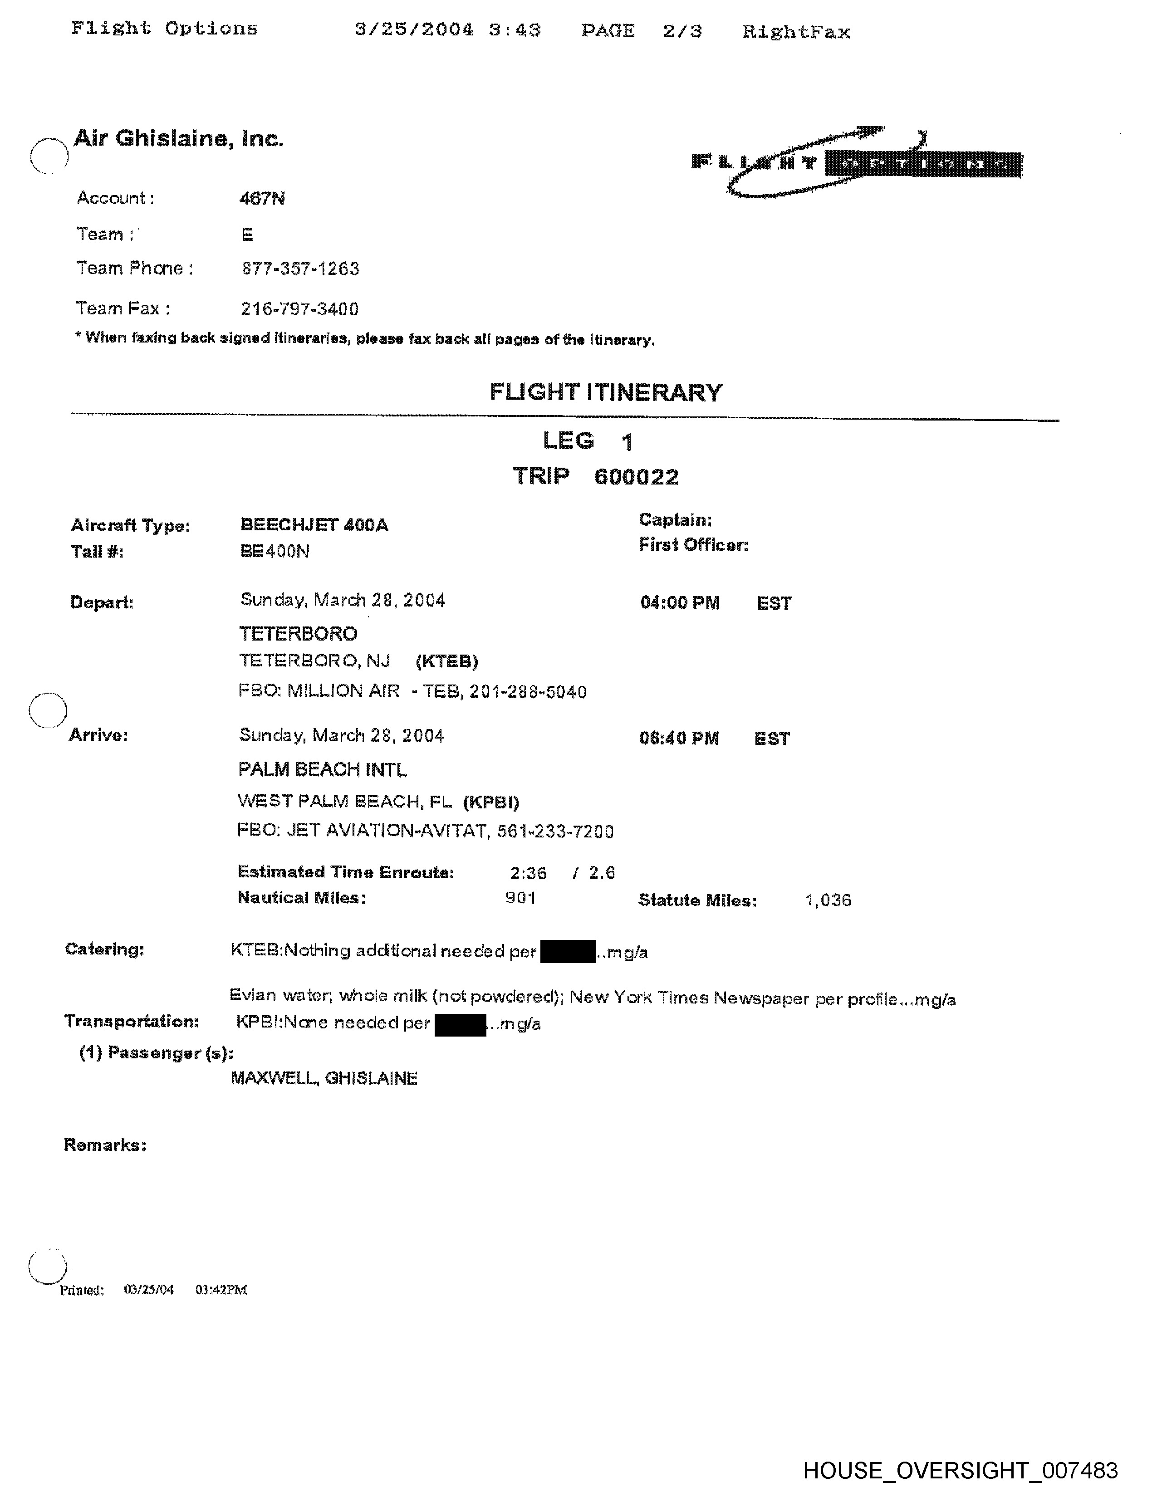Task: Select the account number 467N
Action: pos(262,199)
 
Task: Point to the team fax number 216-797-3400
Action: pos(299,309)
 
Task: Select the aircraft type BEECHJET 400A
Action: pos(314,525)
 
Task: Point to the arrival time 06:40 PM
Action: pos(679,738)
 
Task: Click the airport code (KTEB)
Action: pos(447,661)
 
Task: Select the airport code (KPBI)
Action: pos(491,802)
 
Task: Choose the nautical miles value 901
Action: pos(520,898)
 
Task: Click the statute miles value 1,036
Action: pos(828,900)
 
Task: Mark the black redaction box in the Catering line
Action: pos(568,952)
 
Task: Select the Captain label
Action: pos(675,519)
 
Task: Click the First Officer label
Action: pos(693,545)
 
